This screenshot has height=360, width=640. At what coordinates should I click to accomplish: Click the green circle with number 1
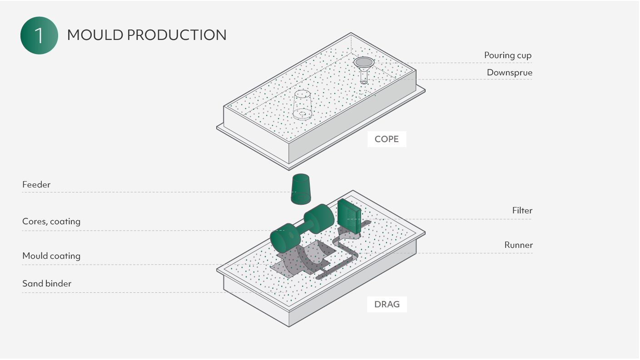pos(39,35)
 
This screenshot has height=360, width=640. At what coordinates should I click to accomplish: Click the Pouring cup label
pos(507,55)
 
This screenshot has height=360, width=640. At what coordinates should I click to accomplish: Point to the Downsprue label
pos(509,73)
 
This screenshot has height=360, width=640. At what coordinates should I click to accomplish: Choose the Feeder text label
pos(36,185)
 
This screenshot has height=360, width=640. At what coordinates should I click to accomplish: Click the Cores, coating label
pos(51,222)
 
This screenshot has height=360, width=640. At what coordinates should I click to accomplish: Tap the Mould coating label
pos(51,256)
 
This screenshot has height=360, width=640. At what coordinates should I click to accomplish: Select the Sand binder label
pos(47,284)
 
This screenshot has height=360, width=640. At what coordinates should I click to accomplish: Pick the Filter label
pos(522,211)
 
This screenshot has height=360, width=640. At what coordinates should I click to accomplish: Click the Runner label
pos(518,245)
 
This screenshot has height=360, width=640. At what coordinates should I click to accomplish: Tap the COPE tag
pos(387,139)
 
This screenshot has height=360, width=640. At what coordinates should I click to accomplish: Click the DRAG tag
pos(387,304)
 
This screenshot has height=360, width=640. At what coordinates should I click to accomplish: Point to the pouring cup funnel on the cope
pos(364,63)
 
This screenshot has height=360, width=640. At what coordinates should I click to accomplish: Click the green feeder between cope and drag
pos(301,189)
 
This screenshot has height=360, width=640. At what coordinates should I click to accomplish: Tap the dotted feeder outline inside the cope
pos(302,104)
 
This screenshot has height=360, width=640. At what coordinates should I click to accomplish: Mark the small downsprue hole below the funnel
pos(364,82)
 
